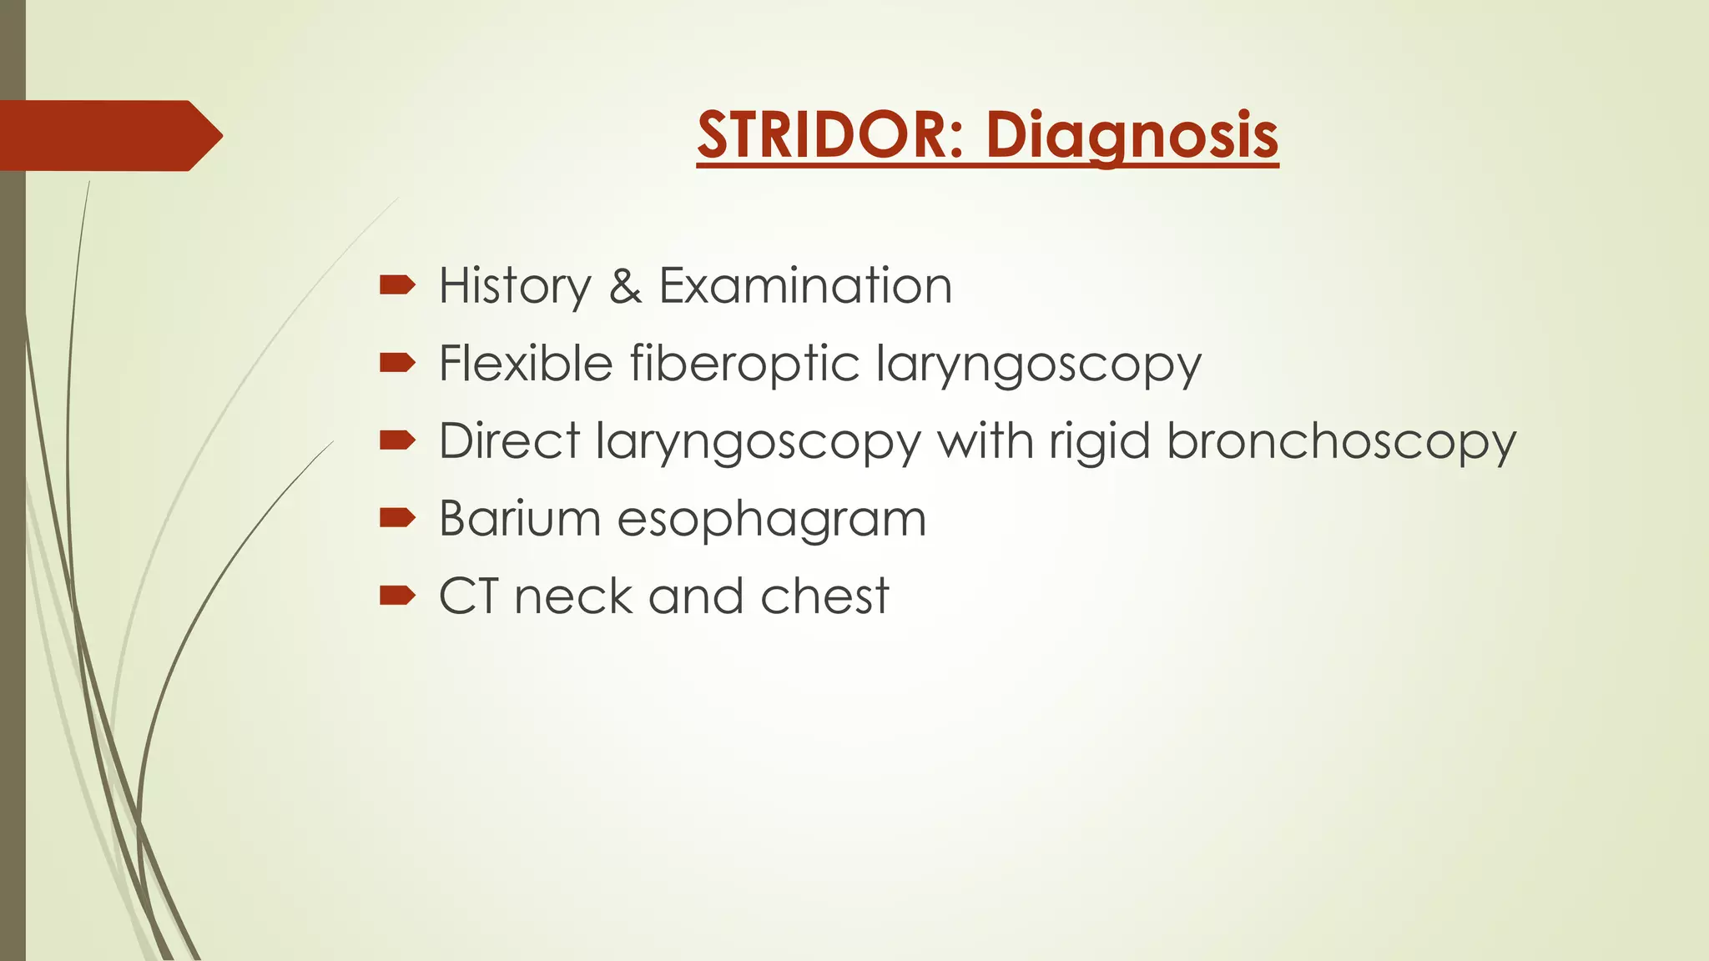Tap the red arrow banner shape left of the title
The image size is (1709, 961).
click(108, 136)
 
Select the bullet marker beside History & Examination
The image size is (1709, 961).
click(397, 286)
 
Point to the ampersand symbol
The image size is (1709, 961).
click(625, 286)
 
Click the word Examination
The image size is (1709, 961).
click(805, 286)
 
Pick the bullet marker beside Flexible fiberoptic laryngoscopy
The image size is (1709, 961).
click(397, 363)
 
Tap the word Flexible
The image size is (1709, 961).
click(526, 364)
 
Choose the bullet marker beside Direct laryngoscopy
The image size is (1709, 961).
click(397, 440)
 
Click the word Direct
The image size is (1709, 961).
click(509, 440)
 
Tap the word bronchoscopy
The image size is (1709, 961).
click(1341, 442)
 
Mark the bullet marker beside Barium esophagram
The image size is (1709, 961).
click(397, 518)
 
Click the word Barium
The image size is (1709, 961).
click(520, 519)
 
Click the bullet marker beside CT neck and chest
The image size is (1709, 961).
click(397, 596)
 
